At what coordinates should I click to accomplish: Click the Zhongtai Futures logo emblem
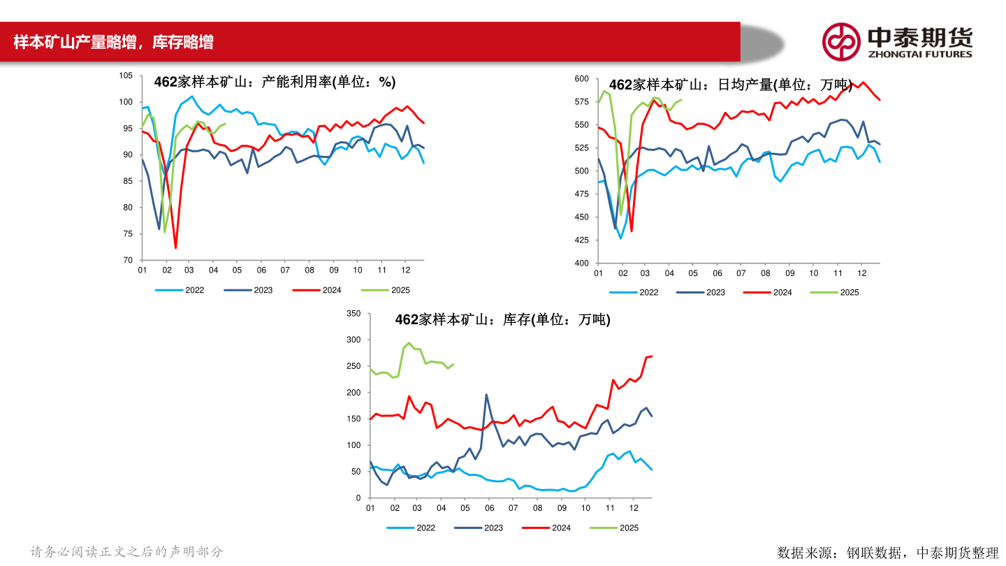(840, 41)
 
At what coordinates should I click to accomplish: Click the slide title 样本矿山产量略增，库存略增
(113, 43)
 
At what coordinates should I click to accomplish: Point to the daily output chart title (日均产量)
(730, 85)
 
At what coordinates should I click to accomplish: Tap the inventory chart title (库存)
(502, 320)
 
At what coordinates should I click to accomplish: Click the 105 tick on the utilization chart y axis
(126, 75)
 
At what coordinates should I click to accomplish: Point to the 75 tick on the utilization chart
(128, 233)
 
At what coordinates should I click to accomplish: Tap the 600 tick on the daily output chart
(581, 79)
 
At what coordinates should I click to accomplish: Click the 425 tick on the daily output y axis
(581, 240)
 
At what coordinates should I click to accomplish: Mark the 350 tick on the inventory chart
(353, 314)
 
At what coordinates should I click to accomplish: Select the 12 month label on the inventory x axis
(632, 508)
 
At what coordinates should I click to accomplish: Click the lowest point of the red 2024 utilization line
(175, 248)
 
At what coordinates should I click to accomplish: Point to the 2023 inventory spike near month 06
(486, 395)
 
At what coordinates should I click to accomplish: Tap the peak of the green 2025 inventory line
(409, 343)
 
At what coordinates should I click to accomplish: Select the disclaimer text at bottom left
(126, 552)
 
